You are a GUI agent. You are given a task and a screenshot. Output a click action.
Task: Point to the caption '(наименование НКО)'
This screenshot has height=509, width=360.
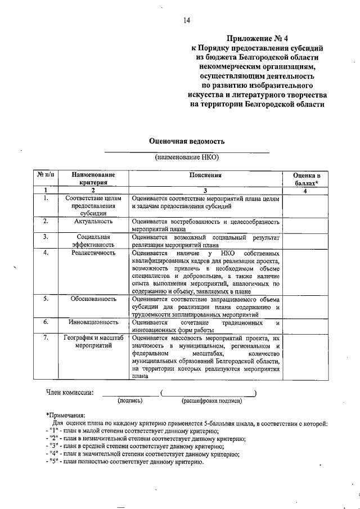[187, 158]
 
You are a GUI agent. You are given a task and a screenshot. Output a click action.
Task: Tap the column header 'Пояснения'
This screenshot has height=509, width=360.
[206, 175]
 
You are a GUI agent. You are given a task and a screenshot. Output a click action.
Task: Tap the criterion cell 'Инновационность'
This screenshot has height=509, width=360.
[93, 322]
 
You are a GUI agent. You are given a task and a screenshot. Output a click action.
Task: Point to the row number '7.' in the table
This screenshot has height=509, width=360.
[45, 338]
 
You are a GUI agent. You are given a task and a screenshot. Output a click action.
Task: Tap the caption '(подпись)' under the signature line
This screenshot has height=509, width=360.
[130, 401]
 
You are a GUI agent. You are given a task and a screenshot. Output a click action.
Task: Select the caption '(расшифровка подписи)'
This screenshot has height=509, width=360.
[211, 401]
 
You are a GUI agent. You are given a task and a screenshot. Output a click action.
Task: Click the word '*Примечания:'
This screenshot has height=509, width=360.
[65, 414]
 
